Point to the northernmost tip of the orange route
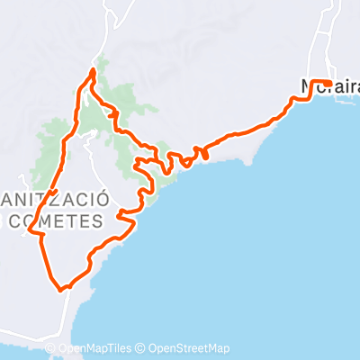[94, 69]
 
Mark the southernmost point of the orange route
[61, 290]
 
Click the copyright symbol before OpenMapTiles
[50, 349]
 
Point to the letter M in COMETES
[60, 218]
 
